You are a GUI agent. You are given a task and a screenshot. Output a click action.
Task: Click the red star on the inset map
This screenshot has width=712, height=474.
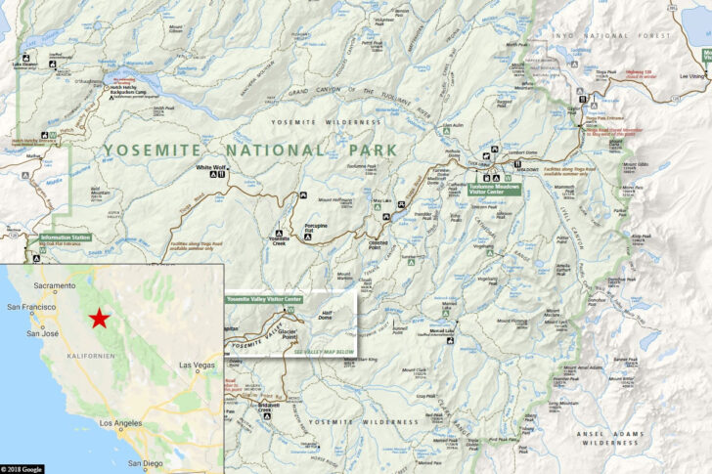click(99, 319)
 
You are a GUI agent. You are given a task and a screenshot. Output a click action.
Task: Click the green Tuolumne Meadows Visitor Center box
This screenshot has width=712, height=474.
click(494, 188)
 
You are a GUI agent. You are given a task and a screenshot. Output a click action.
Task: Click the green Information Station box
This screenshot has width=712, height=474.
click(66, 237)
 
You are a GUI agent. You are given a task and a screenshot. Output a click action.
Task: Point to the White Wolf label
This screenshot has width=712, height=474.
click(210, 167)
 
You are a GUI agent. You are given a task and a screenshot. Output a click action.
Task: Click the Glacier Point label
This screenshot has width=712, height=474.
click(287, 333)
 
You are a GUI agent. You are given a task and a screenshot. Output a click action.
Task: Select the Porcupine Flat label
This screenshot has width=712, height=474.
click(315, 229)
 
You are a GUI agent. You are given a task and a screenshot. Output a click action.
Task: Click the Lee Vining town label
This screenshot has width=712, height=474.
click(690, 75)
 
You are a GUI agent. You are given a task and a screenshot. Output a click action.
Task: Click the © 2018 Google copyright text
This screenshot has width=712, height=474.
click(22, 469)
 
